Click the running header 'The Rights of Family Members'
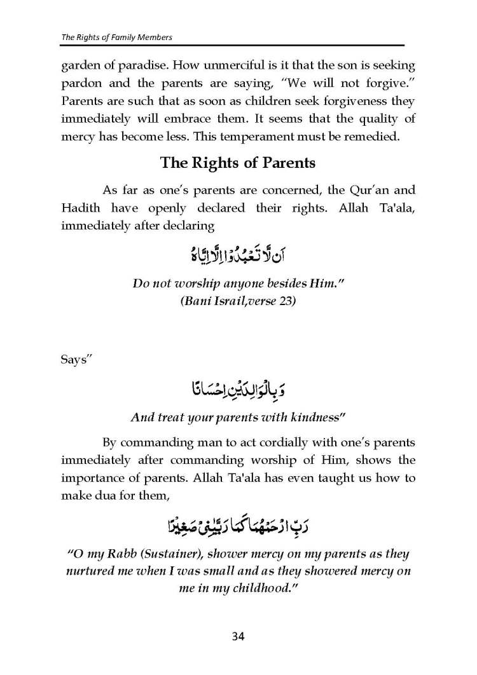pos(116,37)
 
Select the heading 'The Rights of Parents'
pos(238,163)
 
